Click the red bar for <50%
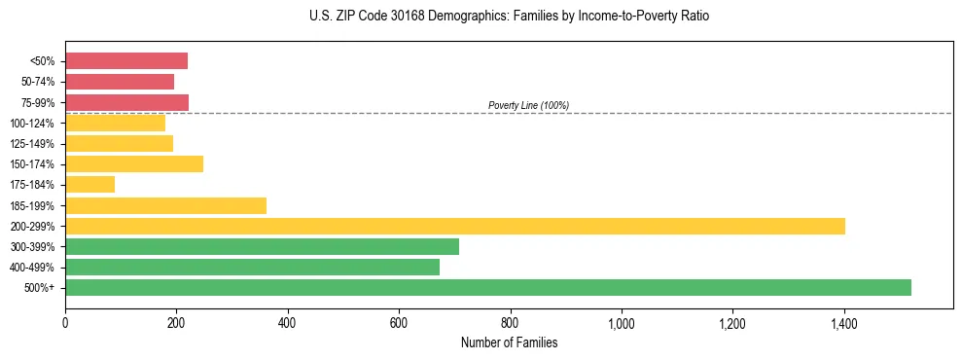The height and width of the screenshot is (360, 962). tap(126, 61)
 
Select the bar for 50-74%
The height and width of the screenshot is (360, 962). tap(120, 82)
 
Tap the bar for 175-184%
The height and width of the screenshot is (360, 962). tap(89, 185)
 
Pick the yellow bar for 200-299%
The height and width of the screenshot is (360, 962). tap(455, 226)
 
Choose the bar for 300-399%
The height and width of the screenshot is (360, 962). tap(262, 246)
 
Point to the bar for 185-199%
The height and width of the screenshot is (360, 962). tap(165, 205)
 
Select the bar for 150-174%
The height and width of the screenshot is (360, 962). tap(134, 164)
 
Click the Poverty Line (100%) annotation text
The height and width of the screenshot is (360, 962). tap(528, 105)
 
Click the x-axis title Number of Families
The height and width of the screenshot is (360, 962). tap(509, 342)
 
